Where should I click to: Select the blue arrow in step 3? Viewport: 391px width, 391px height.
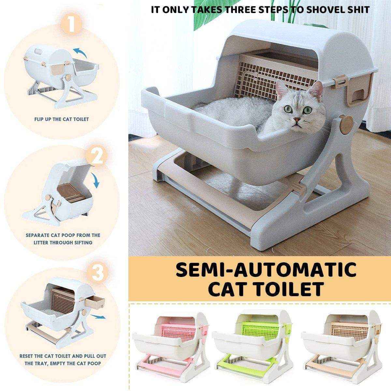98,317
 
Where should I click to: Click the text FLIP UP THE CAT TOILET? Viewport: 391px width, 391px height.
62,119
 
